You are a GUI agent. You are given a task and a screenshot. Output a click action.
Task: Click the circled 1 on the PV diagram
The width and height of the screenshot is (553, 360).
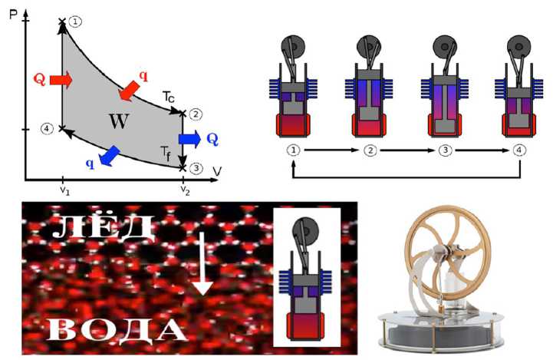[x=74, y=21]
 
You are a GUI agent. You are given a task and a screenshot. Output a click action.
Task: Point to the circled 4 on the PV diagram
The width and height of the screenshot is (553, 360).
[x=48, y=128]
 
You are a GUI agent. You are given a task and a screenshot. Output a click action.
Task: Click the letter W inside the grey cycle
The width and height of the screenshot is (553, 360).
[x=118, y=121]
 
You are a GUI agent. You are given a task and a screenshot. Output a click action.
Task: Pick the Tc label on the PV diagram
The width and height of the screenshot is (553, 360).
[x=168, y=97]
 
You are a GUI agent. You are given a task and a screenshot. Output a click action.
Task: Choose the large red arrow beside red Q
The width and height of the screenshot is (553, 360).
[x=62, y=79]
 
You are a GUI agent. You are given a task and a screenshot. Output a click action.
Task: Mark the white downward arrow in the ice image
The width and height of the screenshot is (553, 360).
[x=202, y=264]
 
